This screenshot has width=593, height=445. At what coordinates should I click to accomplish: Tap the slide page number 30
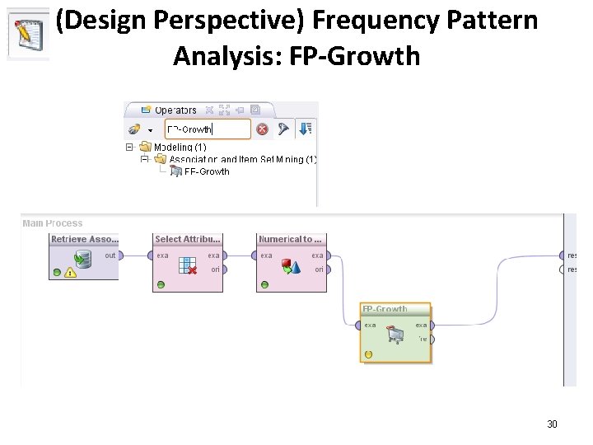tap(552, 424)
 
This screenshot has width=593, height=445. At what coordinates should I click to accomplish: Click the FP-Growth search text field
tap(208, 129)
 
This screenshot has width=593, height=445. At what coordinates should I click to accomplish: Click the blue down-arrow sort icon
tap(306, 129)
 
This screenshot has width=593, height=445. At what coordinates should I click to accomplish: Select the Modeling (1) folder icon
tap(146, 148)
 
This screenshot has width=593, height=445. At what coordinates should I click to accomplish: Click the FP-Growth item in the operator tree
tap(206, 171)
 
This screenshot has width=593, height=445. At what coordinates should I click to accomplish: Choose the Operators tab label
tap(175, 110)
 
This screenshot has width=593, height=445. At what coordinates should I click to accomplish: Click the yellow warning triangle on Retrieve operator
tap(72, 273)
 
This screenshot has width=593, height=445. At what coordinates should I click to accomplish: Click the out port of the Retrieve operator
tap(119, 255)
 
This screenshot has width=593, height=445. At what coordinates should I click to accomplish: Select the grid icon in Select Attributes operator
tap(188, 264)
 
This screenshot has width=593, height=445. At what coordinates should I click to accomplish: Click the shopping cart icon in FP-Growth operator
tap(395, 333)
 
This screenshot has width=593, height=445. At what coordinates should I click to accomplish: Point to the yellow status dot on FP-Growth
tap(368, 354)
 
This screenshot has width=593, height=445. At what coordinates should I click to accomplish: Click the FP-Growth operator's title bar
tap(395, 310)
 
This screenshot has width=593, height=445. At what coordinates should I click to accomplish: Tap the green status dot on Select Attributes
tap(161, 285)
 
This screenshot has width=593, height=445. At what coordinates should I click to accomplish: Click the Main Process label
tap(53, 223)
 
